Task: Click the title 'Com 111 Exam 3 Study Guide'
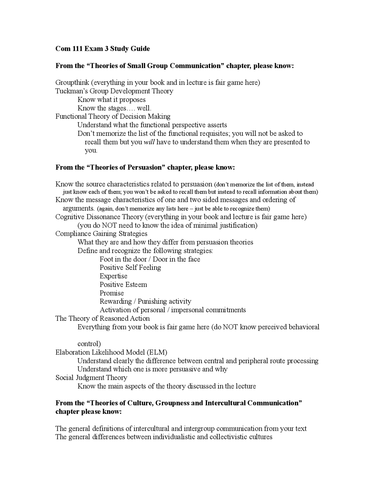click(103, 49)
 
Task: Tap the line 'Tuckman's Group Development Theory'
click(114, 91)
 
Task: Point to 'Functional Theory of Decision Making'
click(113, 117)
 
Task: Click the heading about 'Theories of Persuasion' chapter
click(145, 168)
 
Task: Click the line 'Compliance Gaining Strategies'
click(101, 234)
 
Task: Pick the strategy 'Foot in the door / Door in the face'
click(150, 259)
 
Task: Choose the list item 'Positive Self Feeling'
click(130, 268)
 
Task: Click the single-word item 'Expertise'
click(113, 276)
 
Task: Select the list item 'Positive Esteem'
click(123, 285)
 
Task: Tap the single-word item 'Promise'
click(112, 293)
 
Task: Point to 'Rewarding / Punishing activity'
click(145, 302)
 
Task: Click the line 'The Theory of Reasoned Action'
click(103, 319)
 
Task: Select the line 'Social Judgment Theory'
click(91, 378)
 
